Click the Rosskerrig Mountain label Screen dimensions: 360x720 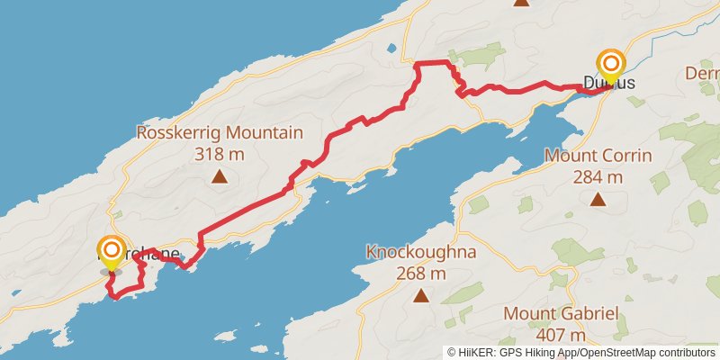click(x=219, y=133)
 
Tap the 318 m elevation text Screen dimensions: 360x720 click(x=219, y=153)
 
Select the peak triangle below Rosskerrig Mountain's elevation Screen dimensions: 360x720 click(x=219, y=176)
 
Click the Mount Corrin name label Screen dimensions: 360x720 click(x=598, y=156)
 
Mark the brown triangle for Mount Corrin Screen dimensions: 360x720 click(x=598, y=199)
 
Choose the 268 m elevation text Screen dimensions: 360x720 click(x=420, y=272)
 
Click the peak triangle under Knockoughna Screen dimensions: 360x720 click(x=420, y=294)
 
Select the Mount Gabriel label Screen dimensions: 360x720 click(x=561, y=313)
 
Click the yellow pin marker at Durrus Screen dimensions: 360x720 click(x=611, y=65)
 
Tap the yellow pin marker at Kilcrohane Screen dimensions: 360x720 click(x=112, y=251)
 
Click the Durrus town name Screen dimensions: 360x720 click(x=609, y=83)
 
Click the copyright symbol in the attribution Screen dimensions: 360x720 click(x=452, y=353)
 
